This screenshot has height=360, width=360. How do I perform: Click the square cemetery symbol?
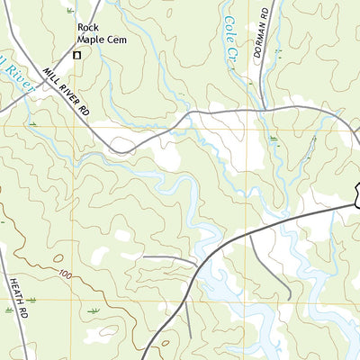pos(76,55)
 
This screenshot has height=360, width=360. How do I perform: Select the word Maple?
pos(93,40)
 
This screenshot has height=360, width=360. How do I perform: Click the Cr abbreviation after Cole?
pos(235,52)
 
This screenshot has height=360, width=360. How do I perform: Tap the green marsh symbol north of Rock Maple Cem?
pos(69,10)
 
